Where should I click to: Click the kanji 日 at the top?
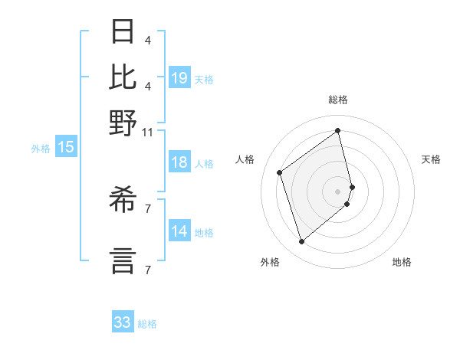tap(123, 32)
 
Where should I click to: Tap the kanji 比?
tap(123, 77)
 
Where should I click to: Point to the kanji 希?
tap(123, 202)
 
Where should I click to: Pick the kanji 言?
tap(123, 260)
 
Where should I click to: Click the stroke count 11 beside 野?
tap(147, 132)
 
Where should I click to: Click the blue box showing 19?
tap(179, 78)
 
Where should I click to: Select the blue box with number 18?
tap(179, 162)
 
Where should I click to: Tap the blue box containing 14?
tap(179, 231)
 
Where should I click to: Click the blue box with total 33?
tap(123, 322)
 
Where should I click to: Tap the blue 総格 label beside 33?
tap(148, 324)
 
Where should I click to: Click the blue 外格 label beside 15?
tap(41, 149)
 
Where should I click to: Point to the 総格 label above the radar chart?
tap(338, 100)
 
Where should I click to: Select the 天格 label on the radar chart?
tap(431, 159)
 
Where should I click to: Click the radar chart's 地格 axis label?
tap(402, 263)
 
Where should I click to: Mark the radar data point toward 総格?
tap(338, 131)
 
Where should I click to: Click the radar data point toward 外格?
tap(302, 242)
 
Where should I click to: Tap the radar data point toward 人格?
tap(280, 173)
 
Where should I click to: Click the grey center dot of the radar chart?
tap(338, 190)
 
